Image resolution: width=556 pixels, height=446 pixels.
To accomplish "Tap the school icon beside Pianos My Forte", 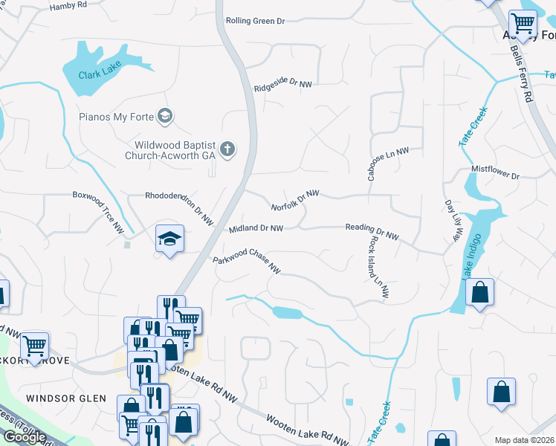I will point(166,116).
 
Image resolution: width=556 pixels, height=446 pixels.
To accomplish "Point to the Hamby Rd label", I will point(68,7).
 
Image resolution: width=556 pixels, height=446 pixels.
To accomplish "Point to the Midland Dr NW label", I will point(256,228).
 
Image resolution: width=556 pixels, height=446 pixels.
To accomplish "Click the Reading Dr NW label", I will point(372,232).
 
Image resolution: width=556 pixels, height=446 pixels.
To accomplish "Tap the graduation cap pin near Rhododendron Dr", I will point(169,239).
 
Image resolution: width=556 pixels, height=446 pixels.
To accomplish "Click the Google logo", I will point(25,436).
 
